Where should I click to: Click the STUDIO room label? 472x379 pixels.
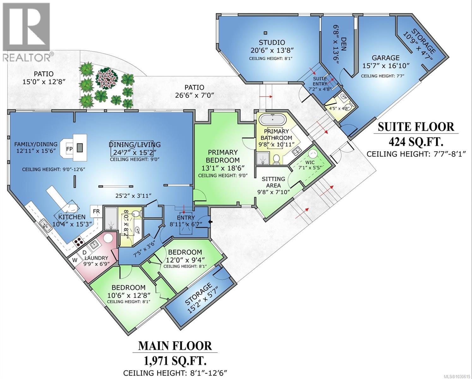[x=272, y=42]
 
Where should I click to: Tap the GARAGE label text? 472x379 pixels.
[x=385, y=58]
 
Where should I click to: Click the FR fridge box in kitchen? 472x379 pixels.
[x=96, y=211]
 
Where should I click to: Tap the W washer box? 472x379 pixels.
[x=75, y=260]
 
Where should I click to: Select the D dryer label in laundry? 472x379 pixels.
[x=85, y=252]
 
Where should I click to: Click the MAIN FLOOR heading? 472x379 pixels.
[x=175, y=346]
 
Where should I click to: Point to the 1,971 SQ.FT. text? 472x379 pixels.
[x=175, y=360]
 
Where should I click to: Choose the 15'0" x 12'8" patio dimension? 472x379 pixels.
[x=44, y=82]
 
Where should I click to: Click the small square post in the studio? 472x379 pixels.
[x=266, y=33]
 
